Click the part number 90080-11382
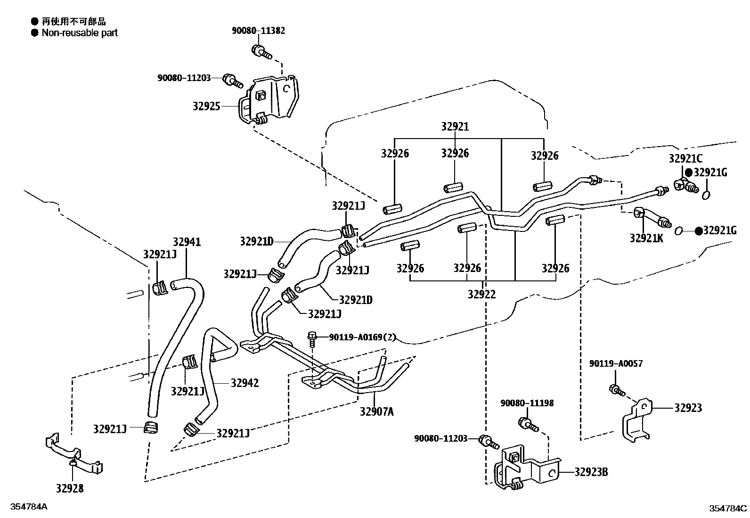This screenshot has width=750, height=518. click(258, 31)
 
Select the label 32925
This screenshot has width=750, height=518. click(206, 106)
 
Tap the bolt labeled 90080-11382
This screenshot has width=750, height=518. click(261, 52)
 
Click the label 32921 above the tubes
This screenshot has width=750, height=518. click(455, 126)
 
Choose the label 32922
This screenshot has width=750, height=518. click(481, 294)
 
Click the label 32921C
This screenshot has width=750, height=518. click(685, 158)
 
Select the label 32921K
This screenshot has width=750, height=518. click(646, 238)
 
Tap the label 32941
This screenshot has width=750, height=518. click(187, 242)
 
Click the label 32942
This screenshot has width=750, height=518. click(245, 383)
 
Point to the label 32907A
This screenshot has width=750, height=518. click(377, 411)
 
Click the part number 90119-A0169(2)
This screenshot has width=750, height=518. click(362, 337)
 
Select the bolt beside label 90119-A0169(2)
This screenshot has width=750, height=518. click(312, 340)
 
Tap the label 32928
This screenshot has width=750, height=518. click(70, 488)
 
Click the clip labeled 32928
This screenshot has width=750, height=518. click(74, 453)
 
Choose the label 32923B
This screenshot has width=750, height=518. click(591, 472)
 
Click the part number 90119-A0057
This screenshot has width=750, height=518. click(616, 363)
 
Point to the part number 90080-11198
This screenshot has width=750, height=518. click(527, 403)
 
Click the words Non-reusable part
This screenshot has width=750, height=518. click(80, 33)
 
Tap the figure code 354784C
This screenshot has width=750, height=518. click(728, 508)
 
